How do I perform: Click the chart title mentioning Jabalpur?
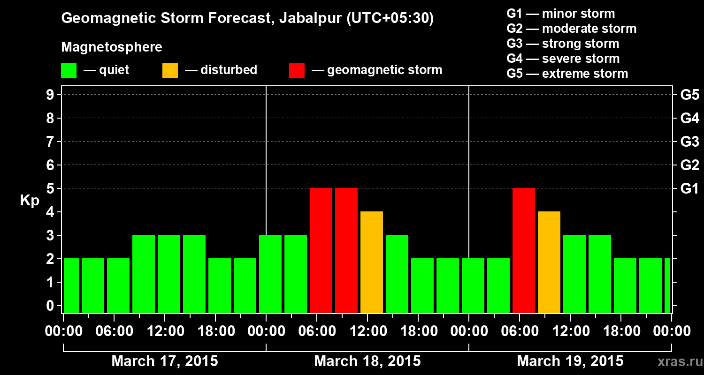tap(247, 18)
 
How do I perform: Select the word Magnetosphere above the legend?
tap(112, 47)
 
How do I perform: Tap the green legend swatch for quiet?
tap(69, 70)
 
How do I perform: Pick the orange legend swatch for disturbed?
tap(170, 70)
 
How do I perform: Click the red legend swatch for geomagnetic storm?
tap(297, 70)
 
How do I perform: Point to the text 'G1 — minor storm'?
tap(560, 14)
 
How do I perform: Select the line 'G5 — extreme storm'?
tap(567, 74)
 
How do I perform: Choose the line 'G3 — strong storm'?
tap(563, 44)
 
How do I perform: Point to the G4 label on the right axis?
tap(689, 119)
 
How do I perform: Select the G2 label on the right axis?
tap(689, 165)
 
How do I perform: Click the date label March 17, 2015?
tap(164, 361)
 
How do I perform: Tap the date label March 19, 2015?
tap(570, 361)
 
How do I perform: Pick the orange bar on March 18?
tap(372, 262)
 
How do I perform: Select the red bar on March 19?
tap(524, 250)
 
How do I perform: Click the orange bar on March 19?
tap(549, 262)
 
